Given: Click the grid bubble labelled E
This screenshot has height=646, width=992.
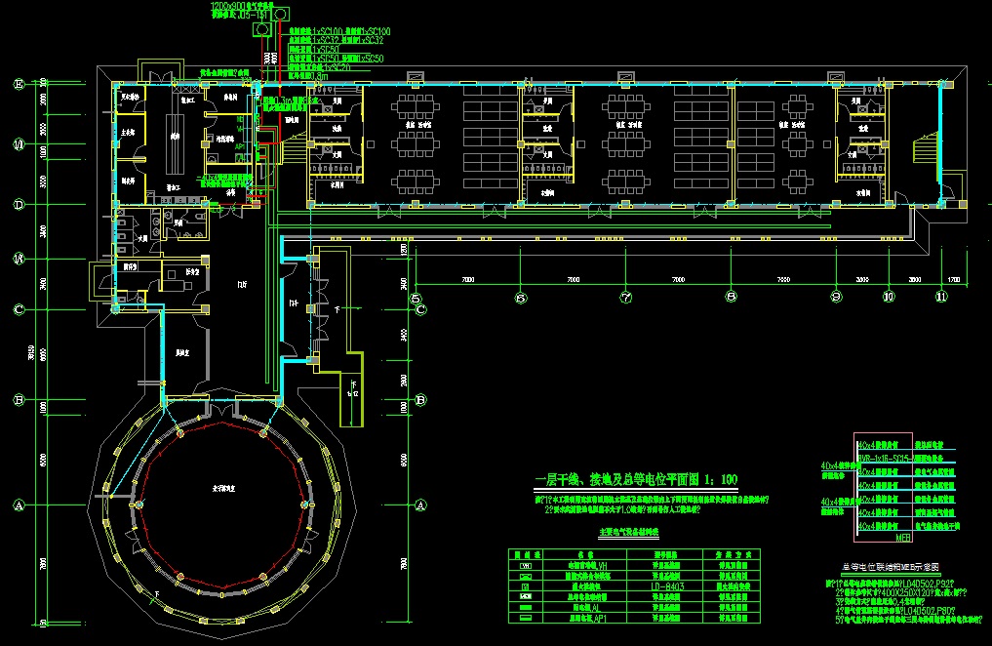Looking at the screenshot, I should tap(18, 84).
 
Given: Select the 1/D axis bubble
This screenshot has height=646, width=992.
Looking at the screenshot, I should tap(18, 145).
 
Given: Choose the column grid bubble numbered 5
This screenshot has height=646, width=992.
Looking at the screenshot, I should tap(417, 298).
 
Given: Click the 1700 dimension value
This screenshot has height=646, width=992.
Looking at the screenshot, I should tap(952, 280).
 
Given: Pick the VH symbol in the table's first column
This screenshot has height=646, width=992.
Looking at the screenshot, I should tap(527, 565).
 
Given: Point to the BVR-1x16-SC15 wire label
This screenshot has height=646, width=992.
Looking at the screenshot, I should tap(885, 457).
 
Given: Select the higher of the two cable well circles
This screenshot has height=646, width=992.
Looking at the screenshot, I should tap(281, 14).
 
